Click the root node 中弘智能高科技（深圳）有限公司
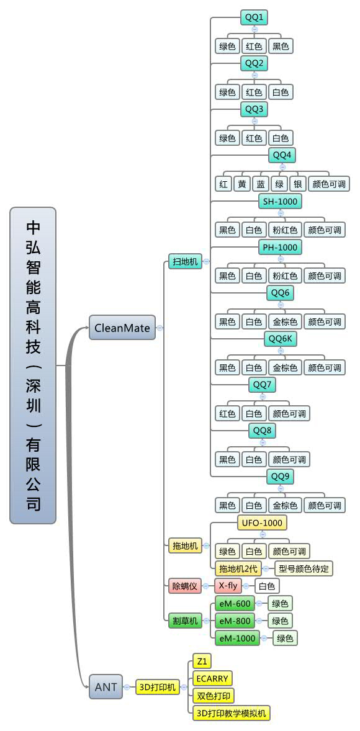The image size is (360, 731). pos(33,365)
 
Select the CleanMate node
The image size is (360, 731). pos(122,328)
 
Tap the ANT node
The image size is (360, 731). pos(106,687)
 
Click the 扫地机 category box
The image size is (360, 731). pos(185,261)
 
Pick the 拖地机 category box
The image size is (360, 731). pos(185,545)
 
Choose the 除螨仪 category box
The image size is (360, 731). pos(185,585)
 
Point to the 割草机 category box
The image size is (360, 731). pos(185,621)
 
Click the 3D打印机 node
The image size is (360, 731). pos(158,687)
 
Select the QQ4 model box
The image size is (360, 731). pos(282,155)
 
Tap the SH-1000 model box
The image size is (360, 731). pos(281,202)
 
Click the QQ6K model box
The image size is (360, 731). pos(281,338)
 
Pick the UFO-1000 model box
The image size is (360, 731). pos(262,523)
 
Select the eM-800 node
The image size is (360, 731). pos(235,621)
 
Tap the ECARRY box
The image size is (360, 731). pos(212,678)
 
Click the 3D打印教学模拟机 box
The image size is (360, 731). pos(232,713)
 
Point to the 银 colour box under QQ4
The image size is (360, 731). pos(297,184)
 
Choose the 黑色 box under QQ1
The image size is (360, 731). pos(281,46)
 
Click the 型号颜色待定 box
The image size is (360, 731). pos(303,568)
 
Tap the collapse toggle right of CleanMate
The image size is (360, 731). pos(160,328)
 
